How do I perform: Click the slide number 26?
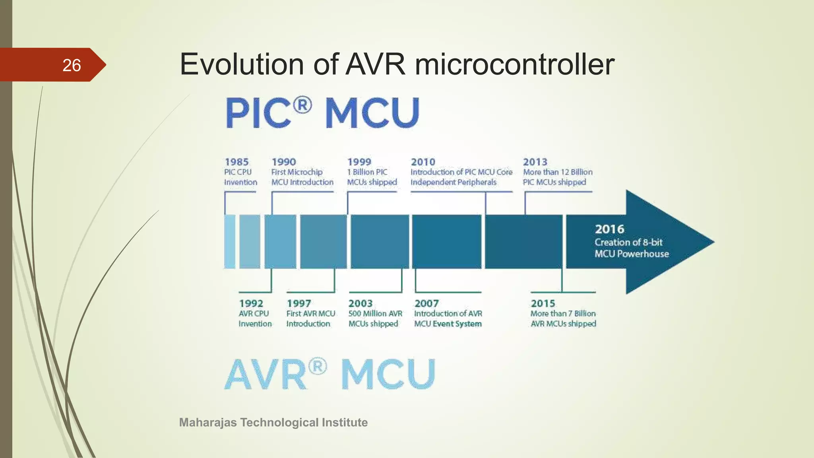[72, 65]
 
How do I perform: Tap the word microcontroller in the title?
[514, 64]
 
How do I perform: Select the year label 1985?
[236, 162]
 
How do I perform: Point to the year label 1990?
[284, 162]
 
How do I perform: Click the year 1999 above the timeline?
[359, 162]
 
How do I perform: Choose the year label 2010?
[423, 162]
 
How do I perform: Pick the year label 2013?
[535, 162]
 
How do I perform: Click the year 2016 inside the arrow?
[609, 229]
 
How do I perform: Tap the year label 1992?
[251, 303]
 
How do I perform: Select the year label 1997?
[299, 303]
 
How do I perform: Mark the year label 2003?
[360, 303]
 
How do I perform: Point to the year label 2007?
[426, 303]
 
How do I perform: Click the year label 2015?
[543, 303]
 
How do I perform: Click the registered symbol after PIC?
[302, 106]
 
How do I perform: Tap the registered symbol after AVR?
[318, 366]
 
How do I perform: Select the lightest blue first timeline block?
[230, 241]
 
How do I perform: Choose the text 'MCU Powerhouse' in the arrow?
[632, 254]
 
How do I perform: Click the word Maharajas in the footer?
[208, 422]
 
